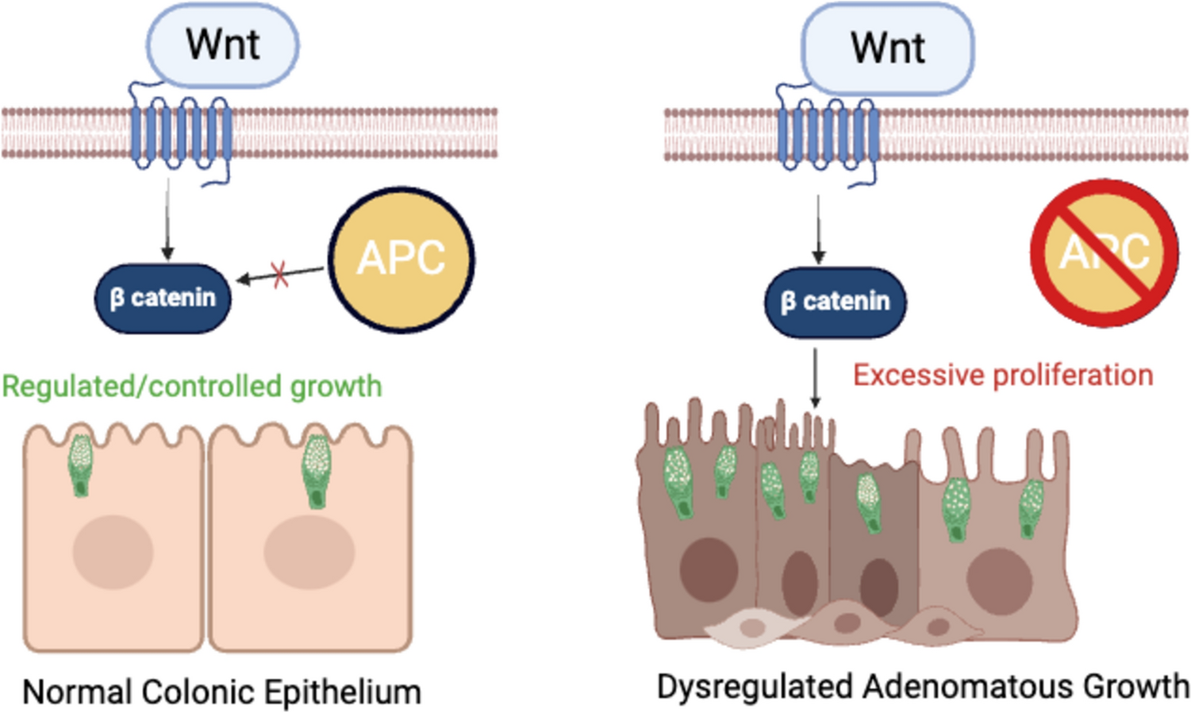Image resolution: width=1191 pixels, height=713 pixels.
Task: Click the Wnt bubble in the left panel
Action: [x=223, y=44]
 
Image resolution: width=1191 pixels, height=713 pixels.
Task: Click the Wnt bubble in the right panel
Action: [x=888, y=48]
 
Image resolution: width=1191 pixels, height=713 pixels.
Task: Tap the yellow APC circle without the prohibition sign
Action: [x=401, y=259]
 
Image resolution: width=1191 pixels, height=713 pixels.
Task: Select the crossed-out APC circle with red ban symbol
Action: [x=1105, y=252]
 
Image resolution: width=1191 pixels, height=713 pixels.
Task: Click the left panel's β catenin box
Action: [x=163, y=298]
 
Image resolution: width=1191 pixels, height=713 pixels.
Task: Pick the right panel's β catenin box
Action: [x=835, y=302]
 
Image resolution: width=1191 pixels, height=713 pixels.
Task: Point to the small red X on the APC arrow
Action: [x=279, y=276]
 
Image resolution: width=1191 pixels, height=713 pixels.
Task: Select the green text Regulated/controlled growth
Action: [x=192, y=387]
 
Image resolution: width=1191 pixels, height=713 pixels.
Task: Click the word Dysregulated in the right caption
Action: [x=755, y=687]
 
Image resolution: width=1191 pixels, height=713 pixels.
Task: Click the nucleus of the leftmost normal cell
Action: [x=113, y=552]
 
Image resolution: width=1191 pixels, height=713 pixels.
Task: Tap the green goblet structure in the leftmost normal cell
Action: [x=80, y=464]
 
